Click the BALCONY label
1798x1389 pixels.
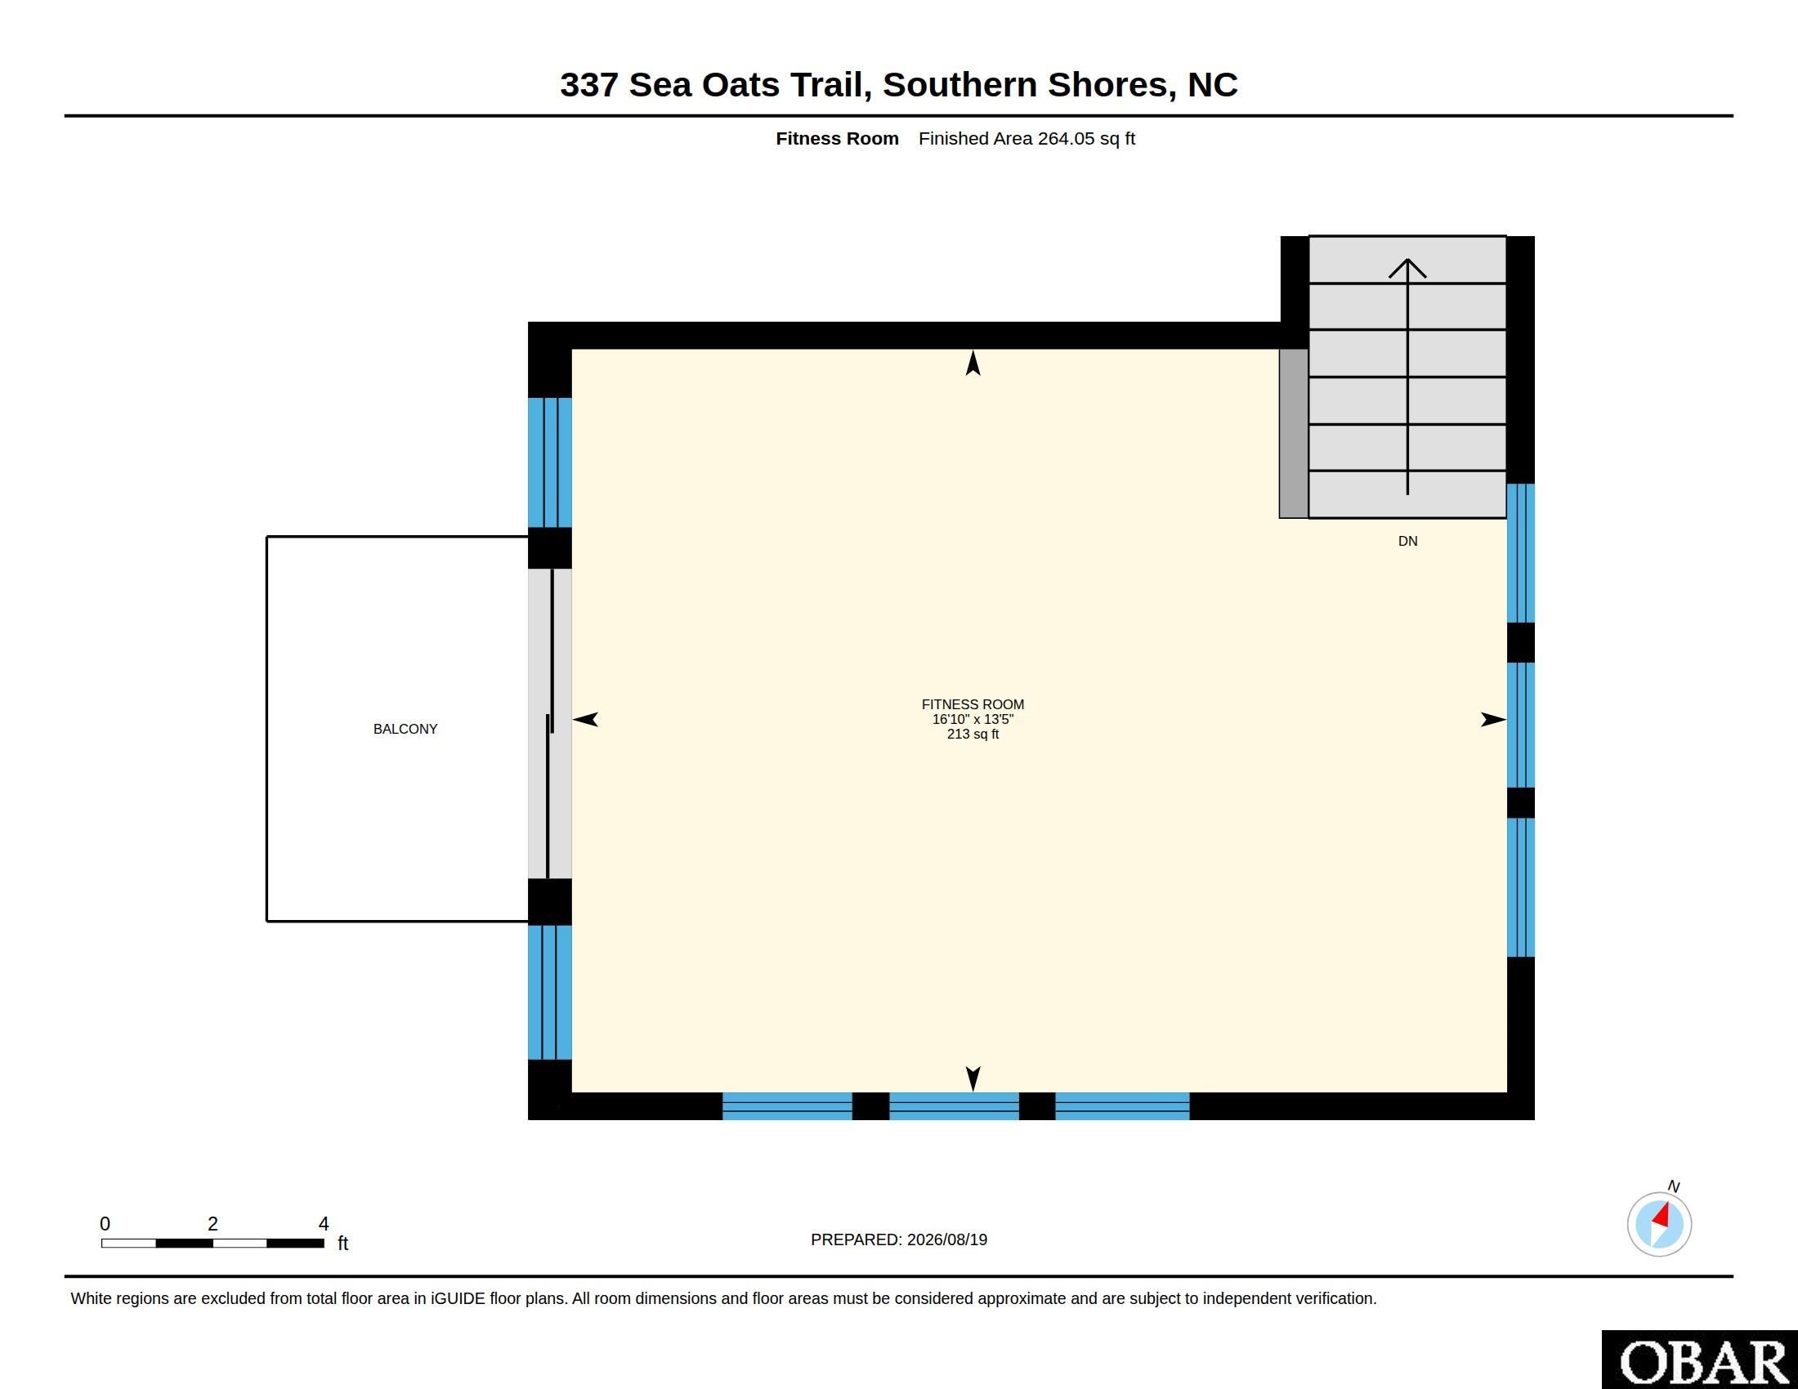405,729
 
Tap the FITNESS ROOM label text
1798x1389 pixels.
973,704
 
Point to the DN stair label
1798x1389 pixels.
1408,542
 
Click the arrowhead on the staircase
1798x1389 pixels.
1408,268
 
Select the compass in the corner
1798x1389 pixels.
1659,1224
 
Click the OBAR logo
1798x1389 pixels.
1700,1360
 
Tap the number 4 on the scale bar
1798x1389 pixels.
324,1224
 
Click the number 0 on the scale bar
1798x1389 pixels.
105,1224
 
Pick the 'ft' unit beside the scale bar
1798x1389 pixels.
343,1243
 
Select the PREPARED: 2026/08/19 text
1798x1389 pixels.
899,1239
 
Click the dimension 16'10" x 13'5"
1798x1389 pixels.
973,719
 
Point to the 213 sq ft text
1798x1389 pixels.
973,734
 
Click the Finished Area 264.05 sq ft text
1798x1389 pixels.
1026,138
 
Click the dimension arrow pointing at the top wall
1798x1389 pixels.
973,363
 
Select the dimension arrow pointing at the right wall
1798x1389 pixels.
1493,719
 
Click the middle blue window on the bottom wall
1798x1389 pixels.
954,1106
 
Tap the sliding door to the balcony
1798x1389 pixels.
549,723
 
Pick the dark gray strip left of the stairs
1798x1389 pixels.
1294,434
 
